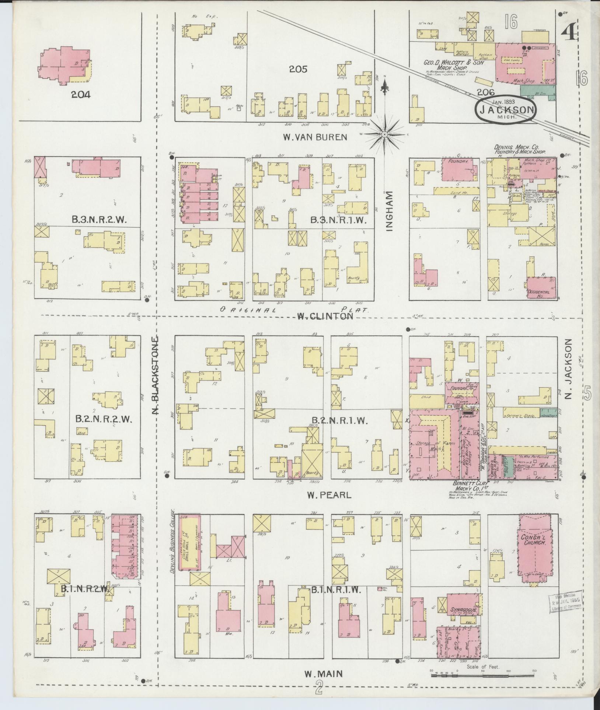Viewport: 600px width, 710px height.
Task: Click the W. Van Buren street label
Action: (x=315, y=137)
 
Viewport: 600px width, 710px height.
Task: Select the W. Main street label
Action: (x=323, y=674)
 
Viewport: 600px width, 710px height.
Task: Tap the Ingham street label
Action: (x=390, y=213)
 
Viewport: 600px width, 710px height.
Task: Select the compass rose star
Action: (x=384, y=134)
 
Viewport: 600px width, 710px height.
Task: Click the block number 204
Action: (x=81, y=95)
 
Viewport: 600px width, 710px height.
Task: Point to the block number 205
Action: (x=298, y=69)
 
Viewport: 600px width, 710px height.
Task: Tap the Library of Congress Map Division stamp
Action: (x=566, y=604)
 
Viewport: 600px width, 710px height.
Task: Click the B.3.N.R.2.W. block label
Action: (x=100, y=220)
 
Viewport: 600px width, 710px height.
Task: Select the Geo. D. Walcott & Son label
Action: (x=453, y=63)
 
